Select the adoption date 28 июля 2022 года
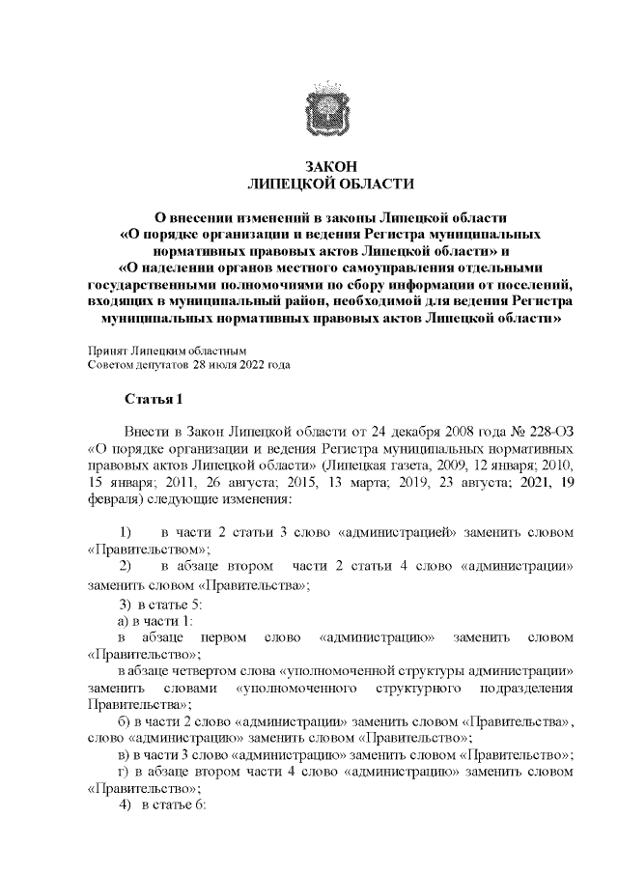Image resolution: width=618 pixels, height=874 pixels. tap(241, 365)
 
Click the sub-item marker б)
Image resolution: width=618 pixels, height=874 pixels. tap(123, 721)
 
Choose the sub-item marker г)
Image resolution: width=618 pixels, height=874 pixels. tap(123, 772)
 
